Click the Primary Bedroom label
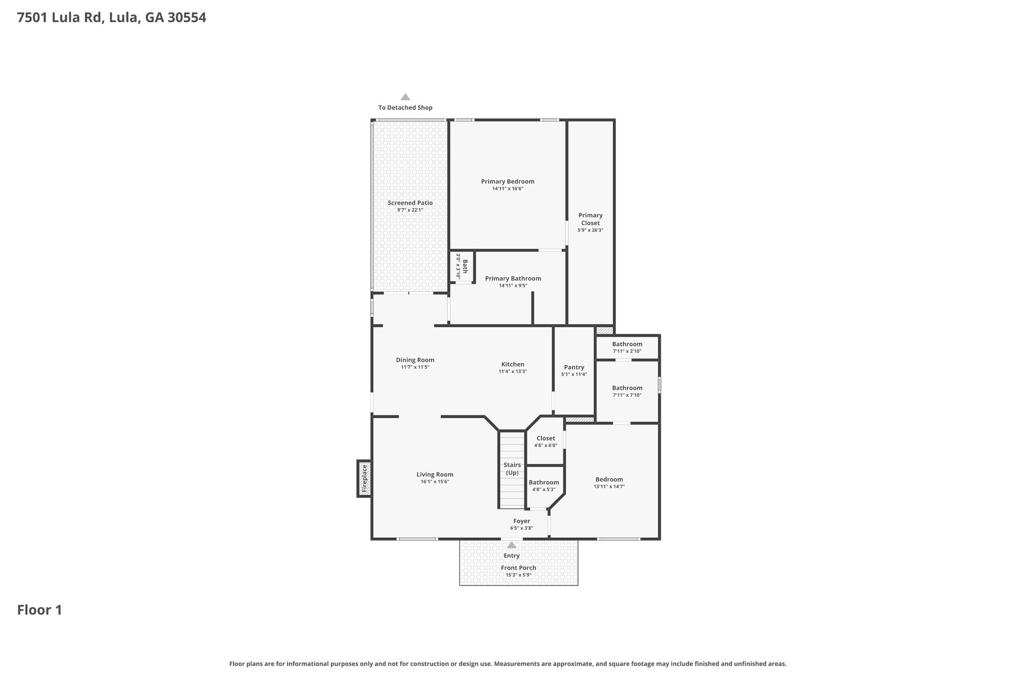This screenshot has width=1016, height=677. pyautogui.click(x=508, y=182)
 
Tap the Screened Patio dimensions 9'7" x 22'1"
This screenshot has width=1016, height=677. pyautogui.click(x=410, y=210)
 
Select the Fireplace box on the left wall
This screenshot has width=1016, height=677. pyautogui.click(x=364, y=479)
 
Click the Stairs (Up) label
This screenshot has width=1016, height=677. pyautogui.click(x=512, y=469)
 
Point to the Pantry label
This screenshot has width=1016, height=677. pyautogui.click(x=574, y=367)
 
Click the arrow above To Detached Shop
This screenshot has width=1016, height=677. pyautogui.click(x=405, y=97)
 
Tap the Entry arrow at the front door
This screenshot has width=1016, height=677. pyautogui.click(x=511, y=545)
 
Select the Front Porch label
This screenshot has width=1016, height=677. pyautogui.click(x=518, y=568)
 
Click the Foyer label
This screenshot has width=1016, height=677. pyautogui.click(x=522, y=521)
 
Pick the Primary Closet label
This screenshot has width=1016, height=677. pyautogui.click(x=590, y=219)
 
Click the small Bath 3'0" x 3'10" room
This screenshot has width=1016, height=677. pyautogui.click(x=462, y=267)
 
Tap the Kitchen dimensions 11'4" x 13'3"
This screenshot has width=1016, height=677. pyautogui.click(x=512, y=371)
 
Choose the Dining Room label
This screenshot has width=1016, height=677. pyautogui.click(x=415, y=360)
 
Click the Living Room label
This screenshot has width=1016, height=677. pyautogui.click(x=435, y=475)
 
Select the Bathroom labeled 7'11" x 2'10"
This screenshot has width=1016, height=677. pyautogui.click(x=627, y=347)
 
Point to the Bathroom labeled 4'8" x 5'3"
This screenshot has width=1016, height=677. pyautogui.click(x=544, y=486)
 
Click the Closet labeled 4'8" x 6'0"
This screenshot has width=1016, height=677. pyautogui.click(x=545, y=441)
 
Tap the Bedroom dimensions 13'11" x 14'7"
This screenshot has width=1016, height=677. pyautogui.click(x=609, y=487)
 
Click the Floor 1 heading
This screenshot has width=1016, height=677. pyautogui.click(x=40, y=610)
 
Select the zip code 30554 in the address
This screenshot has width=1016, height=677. pyautogui.click(x=187, y=18)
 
